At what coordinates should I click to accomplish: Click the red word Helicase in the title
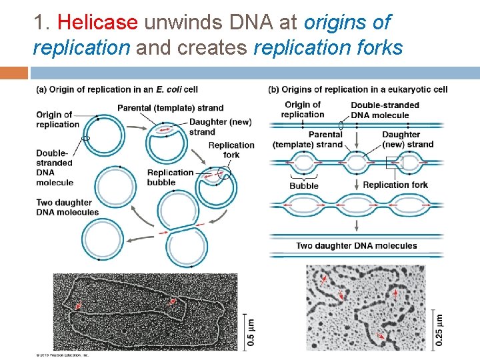[x=97, y=23]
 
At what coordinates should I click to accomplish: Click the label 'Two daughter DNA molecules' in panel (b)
[x=357, y=246]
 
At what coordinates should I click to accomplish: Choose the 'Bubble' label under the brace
[x=304, y=186]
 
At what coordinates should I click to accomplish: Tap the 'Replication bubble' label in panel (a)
[x=170, y=177]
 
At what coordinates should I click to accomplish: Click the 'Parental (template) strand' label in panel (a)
[x=170, y=108]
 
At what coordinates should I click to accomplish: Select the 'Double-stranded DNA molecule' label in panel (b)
[x=385, y=110]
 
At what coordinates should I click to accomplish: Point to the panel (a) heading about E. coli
[x=117, y=89]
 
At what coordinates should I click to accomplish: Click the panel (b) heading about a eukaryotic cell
[x=357, y=89]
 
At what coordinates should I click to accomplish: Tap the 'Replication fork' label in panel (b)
[x=395, y=185]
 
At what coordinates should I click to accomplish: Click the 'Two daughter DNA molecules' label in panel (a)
[x=67, y=207]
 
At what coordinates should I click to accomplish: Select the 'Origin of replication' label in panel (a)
[x=57, y=120]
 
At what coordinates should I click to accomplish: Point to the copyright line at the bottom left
[x=62, y=355]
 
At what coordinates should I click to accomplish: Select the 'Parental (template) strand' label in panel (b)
[x=307, y=139]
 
